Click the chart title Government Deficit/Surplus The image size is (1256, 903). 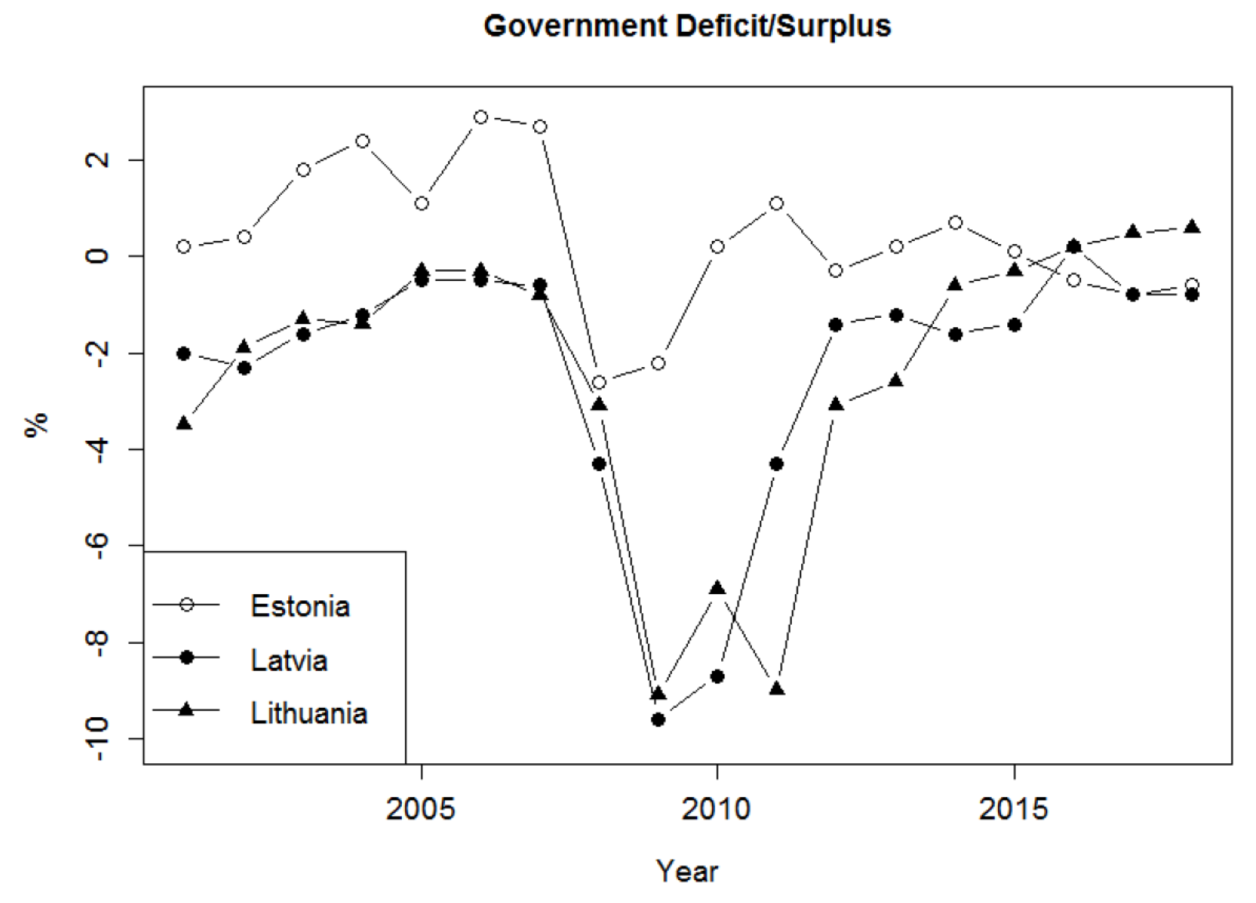pos(687,27)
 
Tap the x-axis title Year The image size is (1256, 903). pos(687,871)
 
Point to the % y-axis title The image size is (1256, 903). pos(37,425)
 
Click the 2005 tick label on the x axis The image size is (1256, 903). pos(421,810)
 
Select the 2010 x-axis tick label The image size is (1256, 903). pos(716,810)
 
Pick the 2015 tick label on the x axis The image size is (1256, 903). pos(1013,810)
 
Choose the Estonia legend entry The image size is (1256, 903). pos(300,606)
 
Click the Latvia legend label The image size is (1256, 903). pos(289,660)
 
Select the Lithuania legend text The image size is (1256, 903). pos(309,714)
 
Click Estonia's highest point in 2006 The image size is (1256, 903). pos(481,117)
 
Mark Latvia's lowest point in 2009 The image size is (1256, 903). pos(658,720)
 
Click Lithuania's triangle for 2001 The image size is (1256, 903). pos(184,423)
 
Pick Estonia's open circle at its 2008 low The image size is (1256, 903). pos(599,383)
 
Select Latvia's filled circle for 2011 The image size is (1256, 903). pos(776,464)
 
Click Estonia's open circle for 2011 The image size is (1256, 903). pos(776,204)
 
